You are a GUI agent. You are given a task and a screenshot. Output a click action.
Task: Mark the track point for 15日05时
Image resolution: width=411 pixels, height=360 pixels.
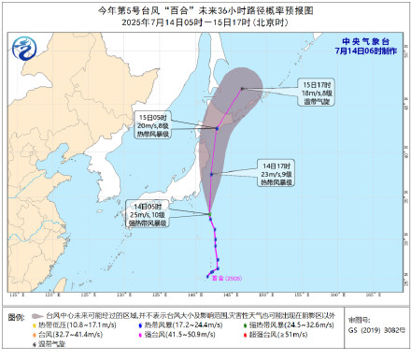point(218,128)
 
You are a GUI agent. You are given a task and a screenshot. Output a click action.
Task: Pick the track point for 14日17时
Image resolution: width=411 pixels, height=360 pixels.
point(213,174)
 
